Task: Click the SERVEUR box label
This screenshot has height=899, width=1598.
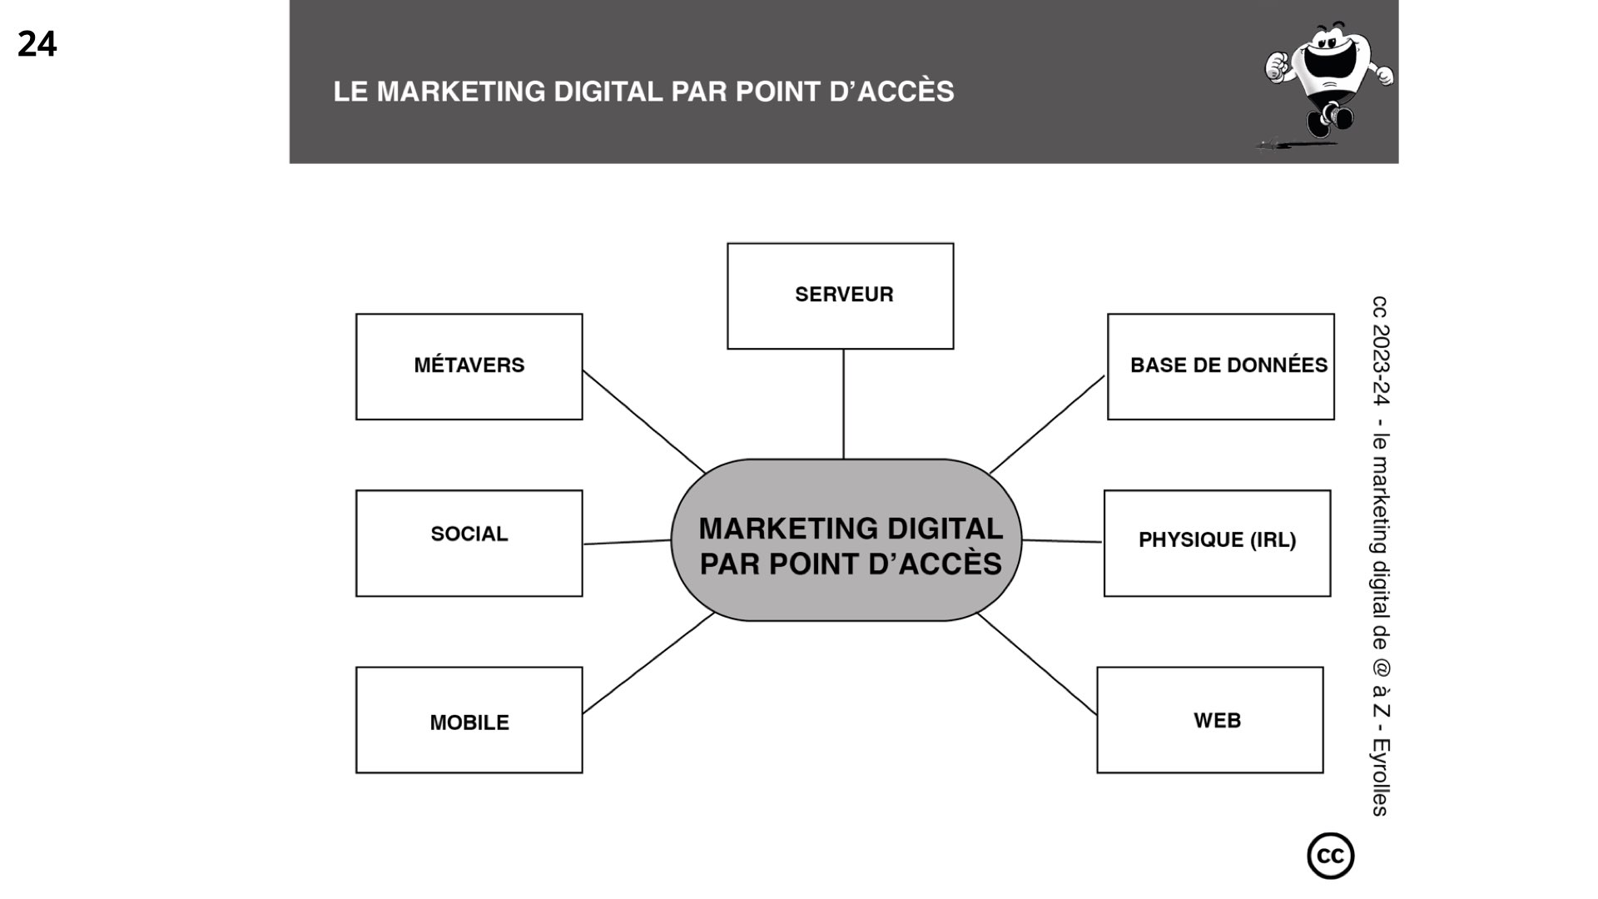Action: [x=843, y=295]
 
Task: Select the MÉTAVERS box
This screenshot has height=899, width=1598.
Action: [x=469, y=366]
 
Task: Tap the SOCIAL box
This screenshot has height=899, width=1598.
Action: [x=469, y=543]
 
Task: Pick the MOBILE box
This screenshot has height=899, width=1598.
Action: [x=469, y=720]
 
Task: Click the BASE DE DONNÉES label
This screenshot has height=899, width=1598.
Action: [x=1228, y=365]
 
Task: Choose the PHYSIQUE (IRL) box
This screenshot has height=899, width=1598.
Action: [x=1217, y=543]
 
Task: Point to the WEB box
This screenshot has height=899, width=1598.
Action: [x=1209, y=720]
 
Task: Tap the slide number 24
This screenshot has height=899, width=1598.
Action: [x=37, y=43]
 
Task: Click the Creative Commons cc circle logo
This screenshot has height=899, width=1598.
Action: [x=1330, y=856]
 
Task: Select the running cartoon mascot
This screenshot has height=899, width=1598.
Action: [x=1327, y=83]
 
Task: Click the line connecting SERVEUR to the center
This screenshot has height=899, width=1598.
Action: [x=843, y=404]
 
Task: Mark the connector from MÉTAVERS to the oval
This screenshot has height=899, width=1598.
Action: [x=643, y=421]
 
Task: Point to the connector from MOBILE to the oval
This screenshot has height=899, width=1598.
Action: [x=648, y=663]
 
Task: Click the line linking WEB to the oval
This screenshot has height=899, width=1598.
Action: [x=1037, y=663]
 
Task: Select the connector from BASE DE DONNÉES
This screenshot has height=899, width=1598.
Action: [x=1047, y=425]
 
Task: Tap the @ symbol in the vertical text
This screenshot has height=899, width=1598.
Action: [x=1379, y=668]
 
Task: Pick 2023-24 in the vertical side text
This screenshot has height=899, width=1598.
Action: [x=1379, y=364]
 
